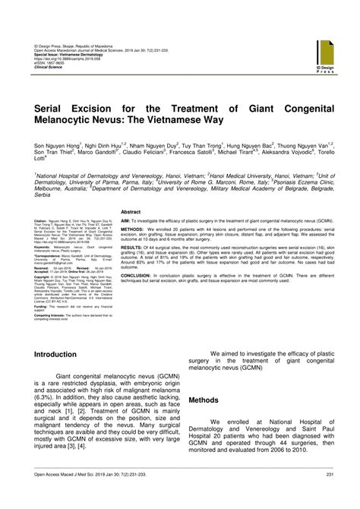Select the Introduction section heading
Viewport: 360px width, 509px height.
pos(55,355)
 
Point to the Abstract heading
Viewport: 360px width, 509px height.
pos(131,212)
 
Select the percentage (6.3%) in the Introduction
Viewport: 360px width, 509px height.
pos(43,397)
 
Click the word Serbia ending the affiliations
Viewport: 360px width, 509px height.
pos(43,196)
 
